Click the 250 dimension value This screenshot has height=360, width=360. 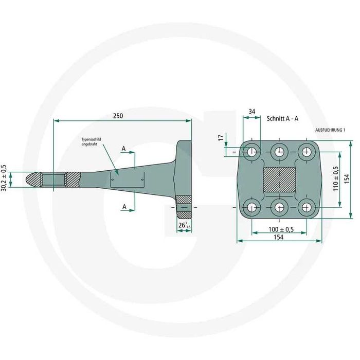[x=118, y=116]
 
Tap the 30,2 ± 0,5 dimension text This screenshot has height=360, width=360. [x=4, y=178]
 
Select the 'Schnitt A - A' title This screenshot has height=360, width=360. [x=282, y=118]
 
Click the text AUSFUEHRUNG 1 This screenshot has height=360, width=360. [x=330, y=130]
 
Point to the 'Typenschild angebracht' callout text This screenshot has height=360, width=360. [x=91, y=141]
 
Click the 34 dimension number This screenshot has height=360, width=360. [x=252, y=112]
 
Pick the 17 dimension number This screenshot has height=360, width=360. [x=221, y=138]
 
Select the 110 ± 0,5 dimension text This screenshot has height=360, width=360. [x=336, y=179]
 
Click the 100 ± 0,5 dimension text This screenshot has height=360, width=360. [x=281, y=229]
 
